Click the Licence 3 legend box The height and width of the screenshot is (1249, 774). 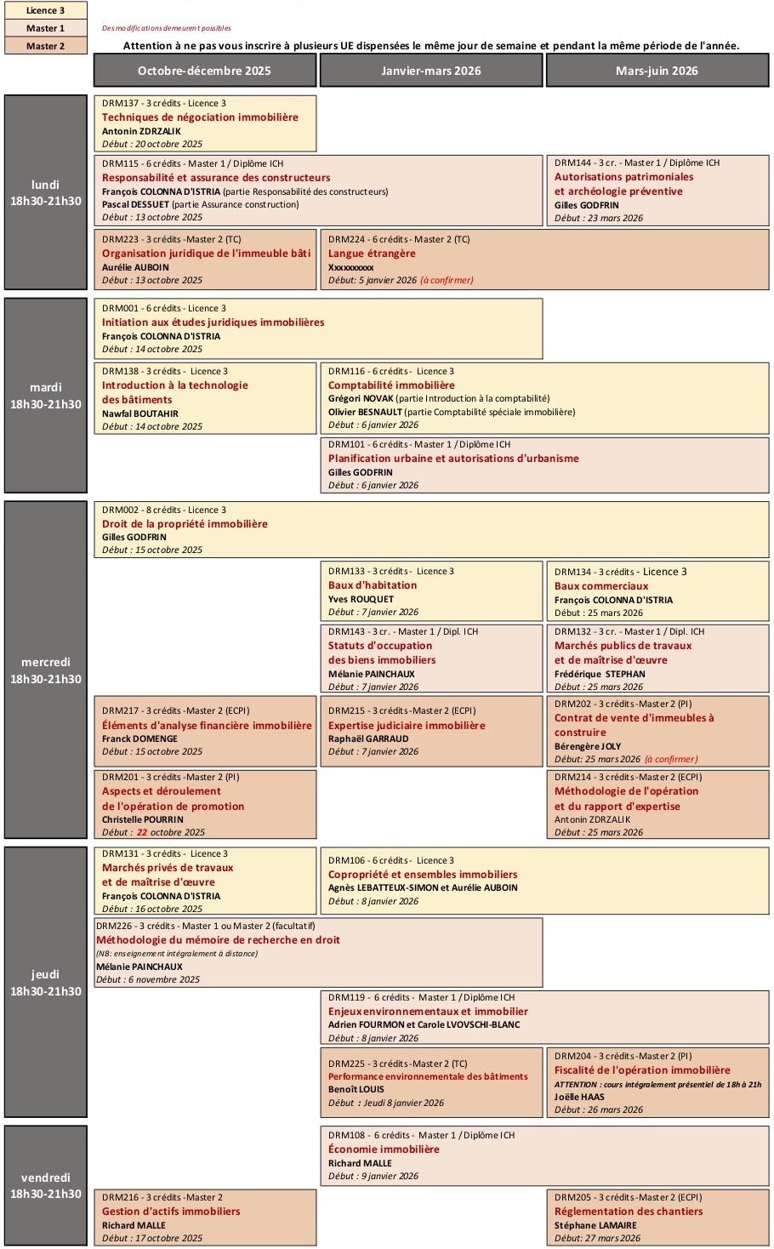[46, 10]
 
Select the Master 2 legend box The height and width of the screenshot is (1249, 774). [46, 46]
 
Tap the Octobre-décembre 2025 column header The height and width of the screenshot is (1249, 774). [204, 71]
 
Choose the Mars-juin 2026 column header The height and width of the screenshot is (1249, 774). [657, 71]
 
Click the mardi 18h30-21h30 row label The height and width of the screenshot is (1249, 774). [46, 396]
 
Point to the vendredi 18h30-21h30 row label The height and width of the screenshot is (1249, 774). [46, 1185]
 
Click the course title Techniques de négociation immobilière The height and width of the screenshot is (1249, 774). [200, 117]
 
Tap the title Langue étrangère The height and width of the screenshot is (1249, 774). [372, 254]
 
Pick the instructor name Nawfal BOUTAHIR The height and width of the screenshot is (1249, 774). [140, 413]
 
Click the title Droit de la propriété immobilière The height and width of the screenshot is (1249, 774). [185, 524]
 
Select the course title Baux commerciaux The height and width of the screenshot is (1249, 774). [601, 586]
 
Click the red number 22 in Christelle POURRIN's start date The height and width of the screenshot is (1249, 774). [142, 832]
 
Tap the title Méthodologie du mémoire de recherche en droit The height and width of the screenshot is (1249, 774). [218, 940]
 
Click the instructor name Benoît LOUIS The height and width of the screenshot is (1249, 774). [356, 1089]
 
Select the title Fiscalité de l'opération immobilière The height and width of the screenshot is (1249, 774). [642, 1070]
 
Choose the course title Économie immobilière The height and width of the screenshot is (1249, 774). [384, 1149]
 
